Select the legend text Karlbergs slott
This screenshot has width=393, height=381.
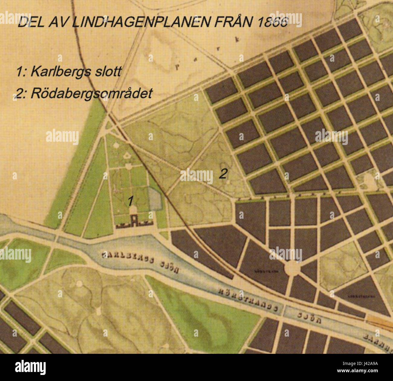click(76, 72)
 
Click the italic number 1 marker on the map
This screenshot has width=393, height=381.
click(130, 201)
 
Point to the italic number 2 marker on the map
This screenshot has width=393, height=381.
click(222, 174)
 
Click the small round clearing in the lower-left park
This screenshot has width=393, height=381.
click(79, 283)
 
